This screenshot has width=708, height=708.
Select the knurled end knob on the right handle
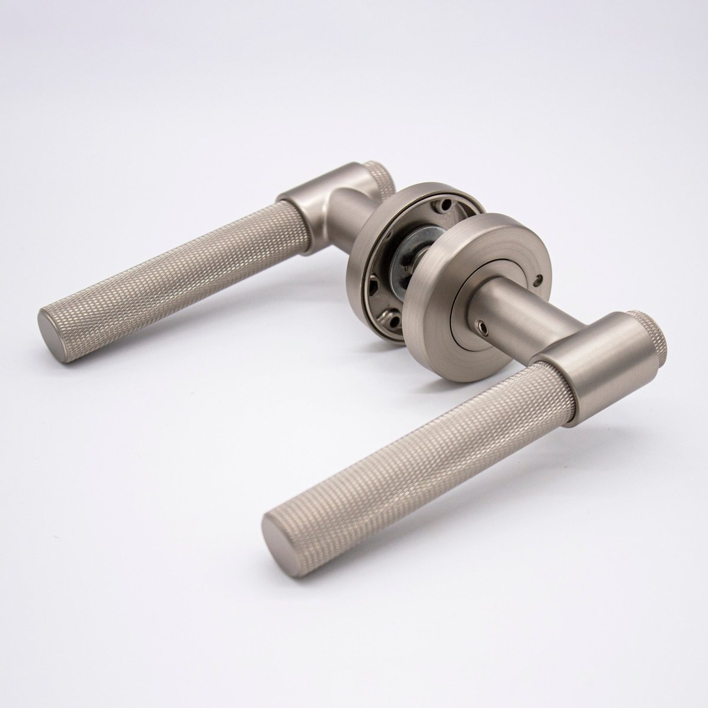coord(644,324)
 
